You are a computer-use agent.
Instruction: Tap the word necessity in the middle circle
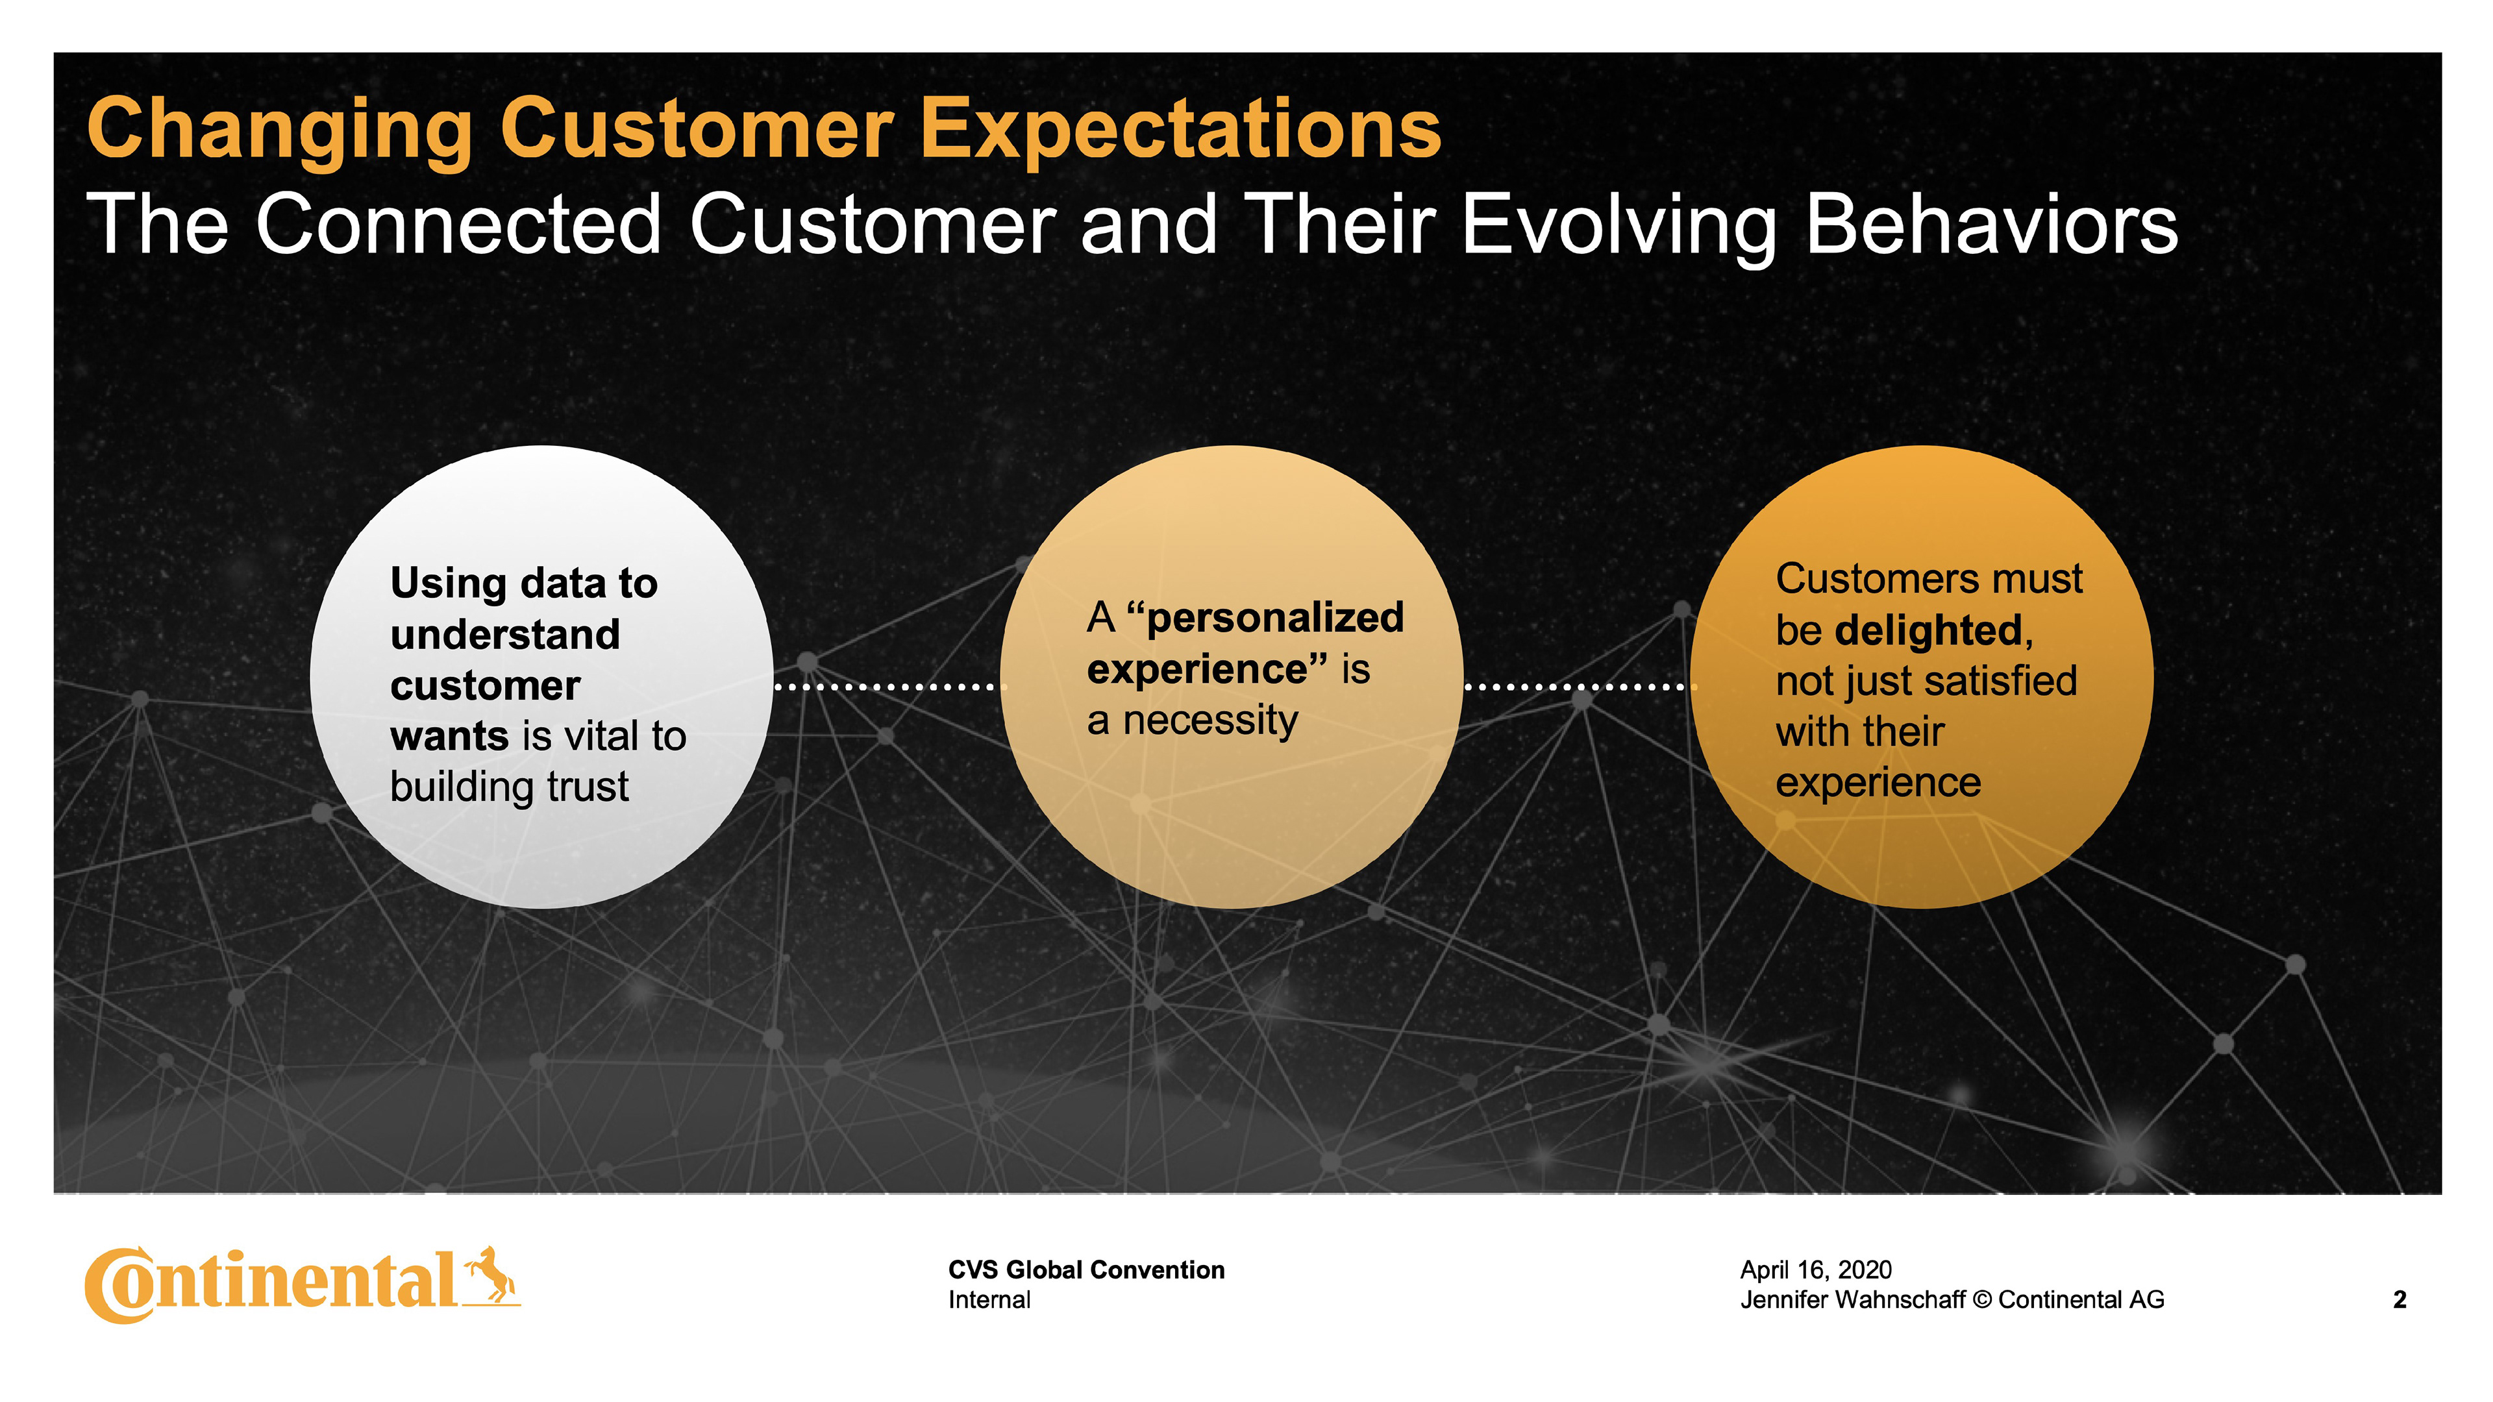(1209, 721)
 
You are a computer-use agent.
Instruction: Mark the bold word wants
(449, 736)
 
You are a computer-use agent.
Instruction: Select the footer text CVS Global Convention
(1086, 1270)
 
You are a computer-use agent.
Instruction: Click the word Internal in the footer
(989, 1299)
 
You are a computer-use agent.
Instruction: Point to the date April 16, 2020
(1816, 1270)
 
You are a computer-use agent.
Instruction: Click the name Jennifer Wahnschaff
(1852, 1299)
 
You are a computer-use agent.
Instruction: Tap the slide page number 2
(2400, 1299)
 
